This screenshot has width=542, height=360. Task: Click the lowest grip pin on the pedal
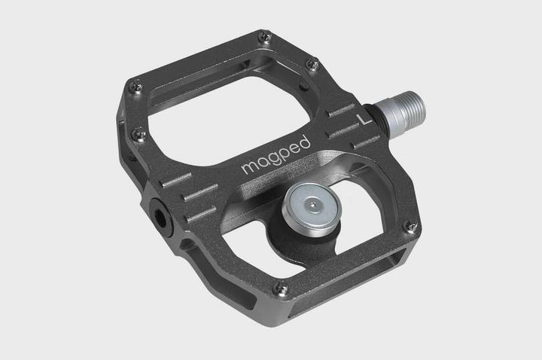(x=279, y=287)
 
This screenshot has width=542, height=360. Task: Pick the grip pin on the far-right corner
(x=410, y=225)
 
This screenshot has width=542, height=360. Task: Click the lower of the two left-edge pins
(x=139, y=135)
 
